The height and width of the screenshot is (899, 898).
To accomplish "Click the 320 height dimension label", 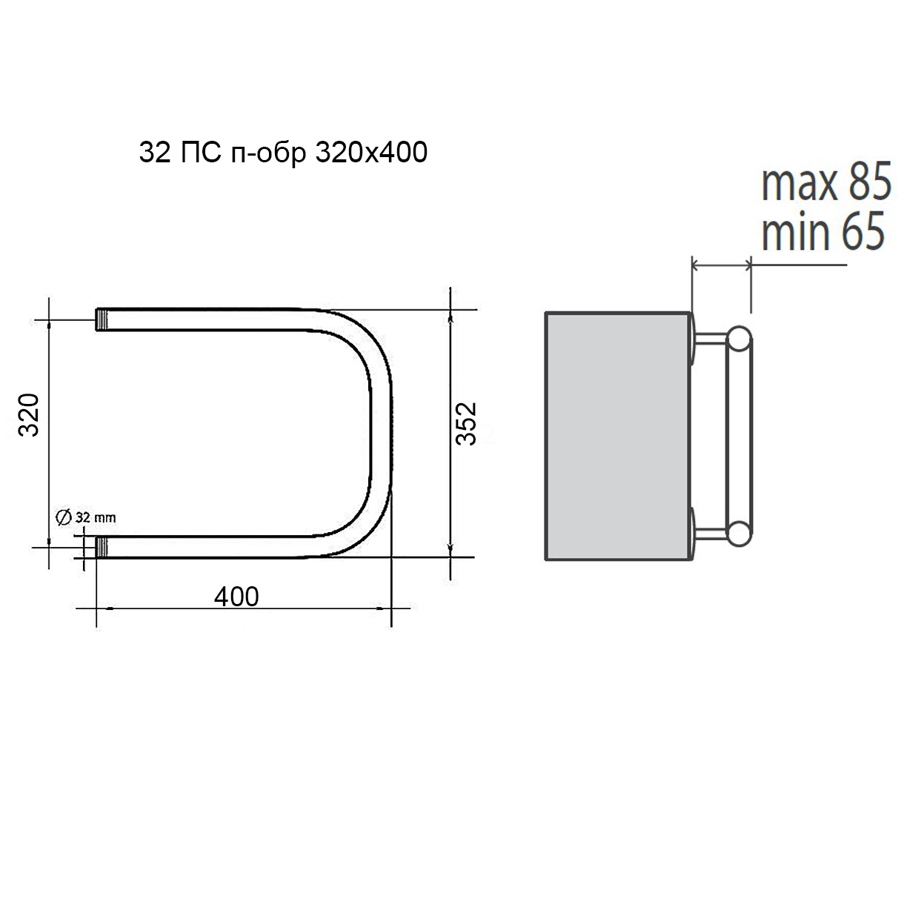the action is pos(28,415).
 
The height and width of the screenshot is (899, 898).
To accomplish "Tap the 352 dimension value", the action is pos(465,424).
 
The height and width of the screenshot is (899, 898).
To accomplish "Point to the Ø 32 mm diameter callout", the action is pos(85,517).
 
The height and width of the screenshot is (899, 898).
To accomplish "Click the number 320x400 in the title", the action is pos(371,152).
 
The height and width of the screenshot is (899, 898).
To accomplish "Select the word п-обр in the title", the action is pos(269,153).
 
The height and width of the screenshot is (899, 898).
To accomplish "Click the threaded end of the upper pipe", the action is pos(102,319).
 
